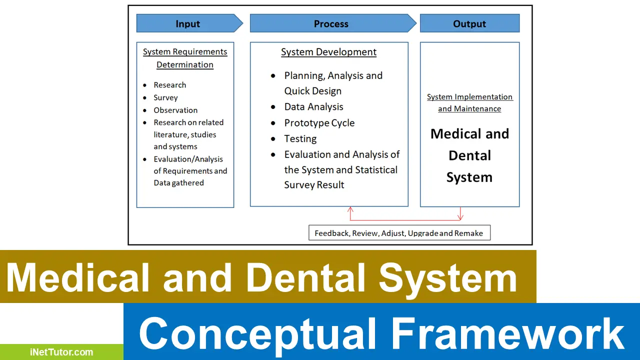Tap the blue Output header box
[469, 23]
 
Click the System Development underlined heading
[328, 52]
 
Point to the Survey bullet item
[165, 97]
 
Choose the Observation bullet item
[175, 110]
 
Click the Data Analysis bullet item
[313, 107]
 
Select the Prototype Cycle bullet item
[319, 123]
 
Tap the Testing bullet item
[300, 138]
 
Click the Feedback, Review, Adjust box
[399, 233]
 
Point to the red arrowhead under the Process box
[350, 210]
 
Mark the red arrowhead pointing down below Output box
[460, 217]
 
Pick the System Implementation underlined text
[469, 97]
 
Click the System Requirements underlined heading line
[185, 52]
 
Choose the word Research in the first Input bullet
[169, 85]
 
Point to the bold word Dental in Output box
[469, 155]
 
